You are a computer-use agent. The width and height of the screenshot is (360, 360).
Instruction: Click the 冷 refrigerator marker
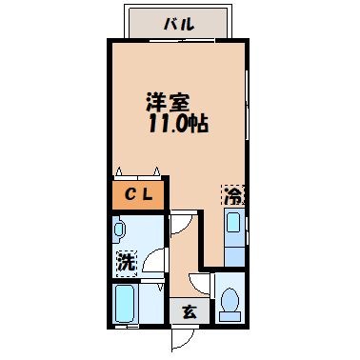pos(232,196)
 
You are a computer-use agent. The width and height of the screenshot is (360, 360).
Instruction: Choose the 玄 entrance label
pos(189,310)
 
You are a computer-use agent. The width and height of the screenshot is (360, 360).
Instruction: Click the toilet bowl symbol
pos(230,304)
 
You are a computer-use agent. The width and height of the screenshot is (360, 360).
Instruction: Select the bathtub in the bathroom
pos(125,306)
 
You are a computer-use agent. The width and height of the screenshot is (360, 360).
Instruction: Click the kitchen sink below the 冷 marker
pos(232,232)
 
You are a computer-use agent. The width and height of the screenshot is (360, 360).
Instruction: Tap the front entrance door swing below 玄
pos(185,337)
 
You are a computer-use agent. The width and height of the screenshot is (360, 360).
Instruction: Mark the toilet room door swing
pos(200,284)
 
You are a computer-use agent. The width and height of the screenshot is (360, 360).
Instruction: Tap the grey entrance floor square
pos(189,310)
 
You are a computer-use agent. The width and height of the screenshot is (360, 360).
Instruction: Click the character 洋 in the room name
pos(154,102)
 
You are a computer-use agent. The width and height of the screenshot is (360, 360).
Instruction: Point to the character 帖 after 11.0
pos(199,124)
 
